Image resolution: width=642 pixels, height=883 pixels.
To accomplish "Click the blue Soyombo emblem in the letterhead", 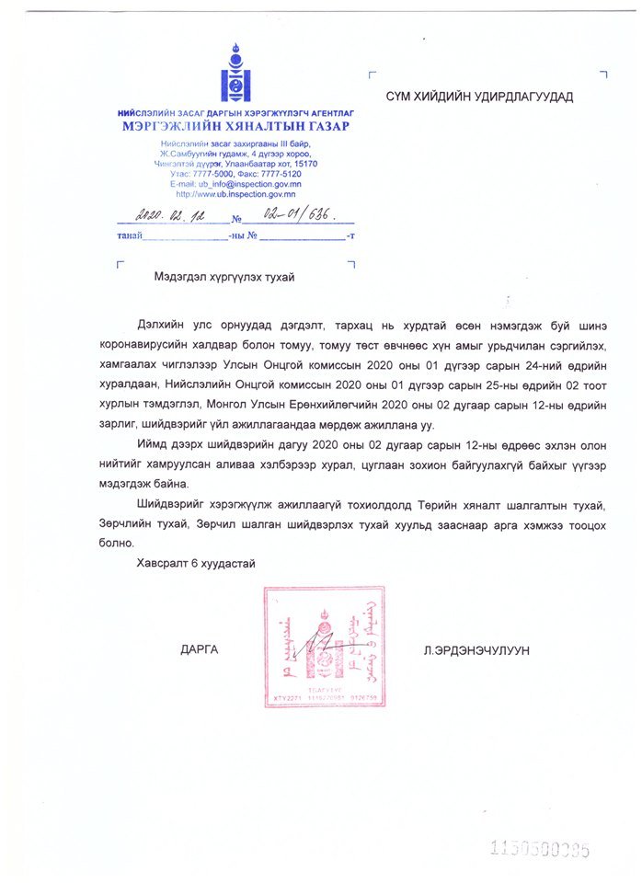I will (x=235, y=75).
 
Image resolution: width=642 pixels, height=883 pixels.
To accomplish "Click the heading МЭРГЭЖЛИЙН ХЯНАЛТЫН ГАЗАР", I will (x=235, y=126).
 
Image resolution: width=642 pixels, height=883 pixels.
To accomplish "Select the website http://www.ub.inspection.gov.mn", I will (x=235, y=193).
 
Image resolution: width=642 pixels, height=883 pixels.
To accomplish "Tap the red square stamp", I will (x=323, y=647).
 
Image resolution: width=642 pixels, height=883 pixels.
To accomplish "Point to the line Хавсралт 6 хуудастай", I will (x=195, y=562).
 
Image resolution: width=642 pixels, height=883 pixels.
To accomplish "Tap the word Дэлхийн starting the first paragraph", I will (x=161, y=325).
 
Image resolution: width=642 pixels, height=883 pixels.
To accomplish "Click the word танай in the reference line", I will (x=129, y=237).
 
